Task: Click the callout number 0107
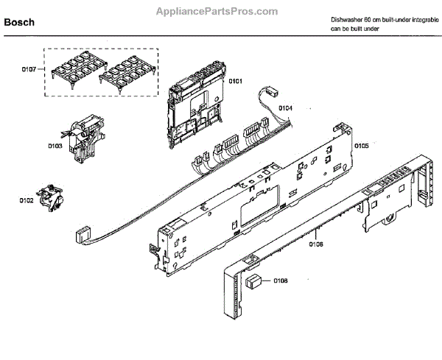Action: pos(29,71)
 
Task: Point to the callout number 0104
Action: pos(286,108)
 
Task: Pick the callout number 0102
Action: pos(27,199)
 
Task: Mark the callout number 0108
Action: pos(281,280)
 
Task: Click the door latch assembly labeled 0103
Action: pos(81,138)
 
